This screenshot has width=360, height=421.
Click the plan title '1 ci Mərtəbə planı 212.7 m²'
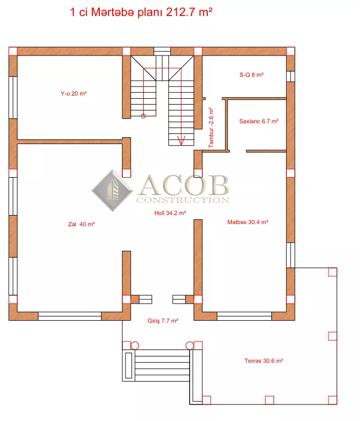pyautogui.click(x=142, y=12)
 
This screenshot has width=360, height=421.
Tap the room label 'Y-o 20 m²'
pyautogui.click(x=74, y=93)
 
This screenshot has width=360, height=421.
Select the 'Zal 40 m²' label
pyautogui.click(x=82, y=224)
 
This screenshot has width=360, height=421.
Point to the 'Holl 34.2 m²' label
pyautogui.click(x=170, y=213)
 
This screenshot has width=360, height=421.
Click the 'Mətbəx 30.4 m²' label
pyautogui.click(x=248, y=222)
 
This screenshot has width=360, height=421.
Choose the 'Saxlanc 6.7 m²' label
pyautogui.click(x=259, y=121)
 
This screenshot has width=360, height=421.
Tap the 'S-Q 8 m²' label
pyautogui.click(x=252, y=75)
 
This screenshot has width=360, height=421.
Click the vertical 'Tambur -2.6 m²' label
pyautogui.click(x=211, y=128)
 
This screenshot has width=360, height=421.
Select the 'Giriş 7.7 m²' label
pyautogui.click(x=163, y=321)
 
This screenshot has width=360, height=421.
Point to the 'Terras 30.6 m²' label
pyautogui.click(x=264, y=361)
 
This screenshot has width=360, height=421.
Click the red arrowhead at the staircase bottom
pyautogui.click(x=181, y=141)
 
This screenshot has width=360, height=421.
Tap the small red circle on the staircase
pyautogui.click(x=143, y=116)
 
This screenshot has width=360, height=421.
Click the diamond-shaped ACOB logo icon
pyautogui.click(x=113, y=190)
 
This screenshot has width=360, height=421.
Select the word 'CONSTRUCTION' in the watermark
pyautogui.click(x=183, y=200)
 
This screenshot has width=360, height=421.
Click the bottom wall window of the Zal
pyautogui.click(x=69, y=316)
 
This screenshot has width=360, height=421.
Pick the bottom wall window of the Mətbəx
pyautogui.click(x=244, y=316)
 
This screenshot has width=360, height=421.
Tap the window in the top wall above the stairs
pyautogui.click(x=162, y=51)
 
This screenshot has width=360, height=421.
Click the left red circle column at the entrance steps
pyautogui.click(x=135, y=346)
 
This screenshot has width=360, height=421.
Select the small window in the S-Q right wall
pyautogui.click(x=291, y=76)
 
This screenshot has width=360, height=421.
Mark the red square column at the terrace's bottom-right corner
pyautogui.click(x=333, y=400)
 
